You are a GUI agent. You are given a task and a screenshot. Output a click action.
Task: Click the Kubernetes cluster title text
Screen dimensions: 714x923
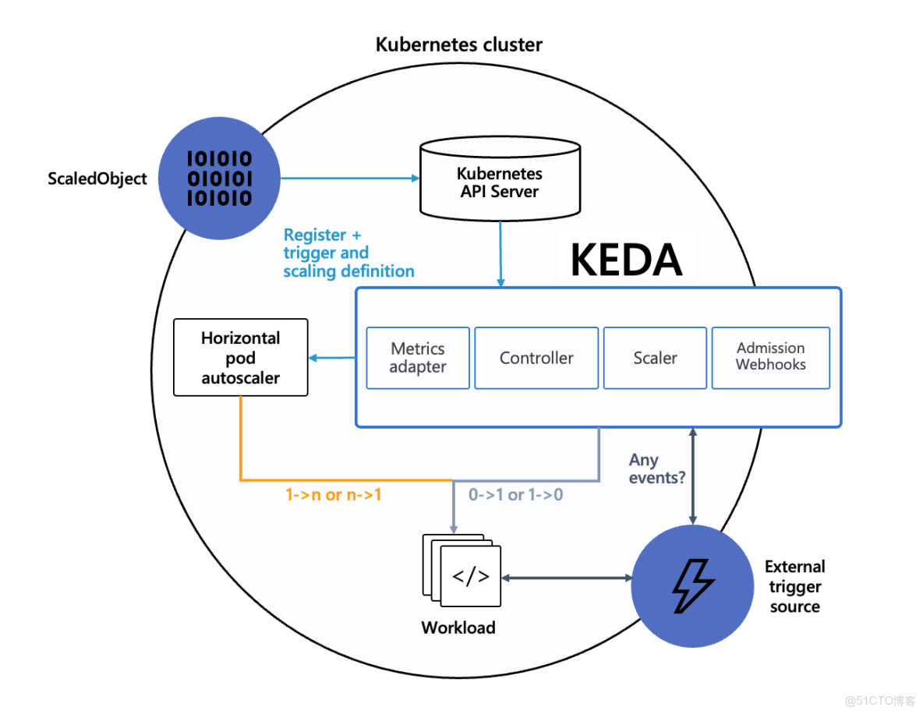[x=459, y=44]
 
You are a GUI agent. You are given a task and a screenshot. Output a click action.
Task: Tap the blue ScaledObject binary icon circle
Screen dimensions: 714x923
[x=219, y=178]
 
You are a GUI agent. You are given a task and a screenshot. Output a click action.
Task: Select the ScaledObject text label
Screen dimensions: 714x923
[x=97, y=178]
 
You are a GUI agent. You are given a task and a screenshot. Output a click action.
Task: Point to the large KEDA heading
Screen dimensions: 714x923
[x=627, y=260]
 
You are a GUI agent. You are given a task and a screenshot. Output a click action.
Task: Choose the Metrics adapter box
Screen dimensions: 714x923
[x=418, y=358]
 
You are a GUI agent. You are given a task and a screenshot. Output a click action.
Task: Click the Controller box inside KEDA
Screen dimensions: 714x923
[x=536, y=358]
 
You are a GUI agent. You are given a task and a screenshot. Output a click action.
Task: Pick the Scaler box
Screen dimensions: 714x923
[x=655, y=358]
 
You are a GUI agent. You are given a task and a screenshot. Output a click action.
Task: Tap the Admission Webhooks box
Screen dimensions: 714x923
[x=770, y=357]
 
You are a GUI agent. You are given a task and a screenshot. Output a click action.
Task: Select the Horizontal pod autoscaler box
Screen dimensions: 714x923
[x=241, y=358]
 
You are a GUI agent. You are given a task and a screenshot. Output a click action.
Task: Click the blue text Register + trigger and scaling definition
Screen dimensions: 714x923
[x=348, y=253]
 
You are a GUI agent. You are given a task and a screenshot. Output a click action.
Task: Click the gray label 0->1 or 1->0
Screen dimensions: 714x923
[x=515, y=495]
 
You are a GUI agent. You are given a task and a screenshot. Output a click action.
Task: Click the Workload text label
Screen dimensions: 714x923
[x=458, y=627]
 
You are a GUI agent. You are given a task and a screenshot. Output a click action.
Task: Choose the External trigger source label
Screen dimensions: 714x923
[x=794, y=586]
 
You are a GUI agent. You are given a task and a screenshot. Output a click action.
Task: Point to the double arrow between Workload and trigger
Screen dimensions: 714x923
[x=567, y=578]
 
